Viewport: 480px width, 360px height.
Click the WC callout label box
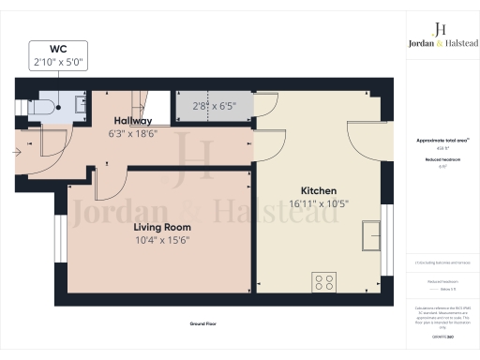[58, 56]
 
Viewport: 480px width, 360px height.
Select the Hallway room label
[134, 121]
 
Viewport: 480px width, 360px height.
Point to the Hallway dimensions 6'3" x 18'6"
[134, 133]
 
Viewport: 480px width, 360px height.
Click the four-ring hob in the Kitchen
[324, 281]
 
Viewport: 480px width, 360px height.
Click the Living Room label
[162, 227]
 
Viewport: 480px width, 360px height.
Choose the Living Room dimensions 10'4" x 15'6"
[162, 240]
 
